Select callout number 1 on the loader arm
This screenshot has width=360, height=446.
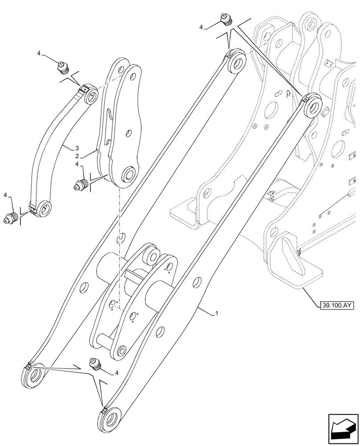coord(217,314)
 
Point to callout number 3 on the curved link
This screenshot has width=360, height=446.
coord(77,148)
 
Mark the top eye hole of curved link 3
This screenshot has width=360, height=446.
coord(92,95)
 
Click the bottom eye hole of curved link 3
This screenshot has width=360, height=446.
coord(45,208)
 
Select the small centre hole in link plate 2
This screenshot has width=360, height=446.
coord(128,132)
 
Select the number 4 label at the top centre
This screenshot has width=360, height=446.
coord(201,27)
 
